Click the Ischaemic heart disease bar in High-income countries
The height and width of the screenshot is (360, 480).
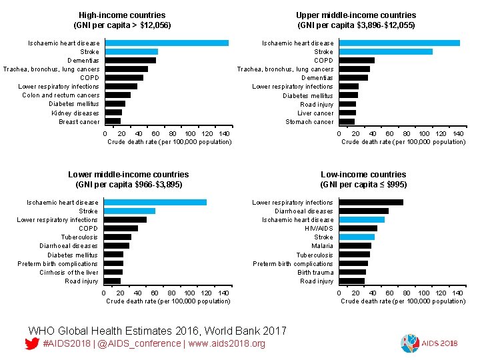(167, 43)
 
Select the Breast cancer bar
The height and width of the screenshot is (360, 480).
(113, 121)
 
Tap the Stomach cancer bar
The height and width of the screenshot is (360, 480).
(347, 121)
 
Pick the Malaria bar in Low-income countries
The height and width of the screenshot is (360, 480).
(355, 245)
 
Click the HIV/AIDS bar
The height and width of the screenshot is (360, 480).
(357, 228)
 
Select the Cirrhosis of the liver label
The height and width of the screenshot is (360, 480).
(69, 272)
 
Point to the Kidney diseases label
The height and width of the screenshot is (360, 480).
(75, 113)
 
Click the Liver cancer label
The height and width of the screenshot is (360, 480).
(315, 113)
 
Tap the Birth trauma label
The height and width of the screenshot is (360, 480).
(315, 272)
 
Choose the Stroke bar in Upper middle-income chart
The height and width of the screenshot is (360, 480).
(385, 51)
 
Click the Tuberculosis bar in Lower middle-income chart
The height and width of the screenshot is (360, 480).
(117, 237)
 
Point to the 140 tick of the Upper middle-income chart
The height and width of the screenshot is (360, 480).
(459, 133)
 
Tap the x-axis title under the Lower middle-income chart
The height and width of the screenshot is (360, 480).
(168, 301)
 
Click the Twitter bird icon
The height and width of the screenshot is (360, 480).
(31, 344)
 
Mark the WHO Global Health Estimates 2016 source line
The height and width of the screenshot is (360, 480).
(157, 331)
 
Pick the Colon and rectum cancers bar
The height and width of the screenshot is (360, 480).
(118, 95)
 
